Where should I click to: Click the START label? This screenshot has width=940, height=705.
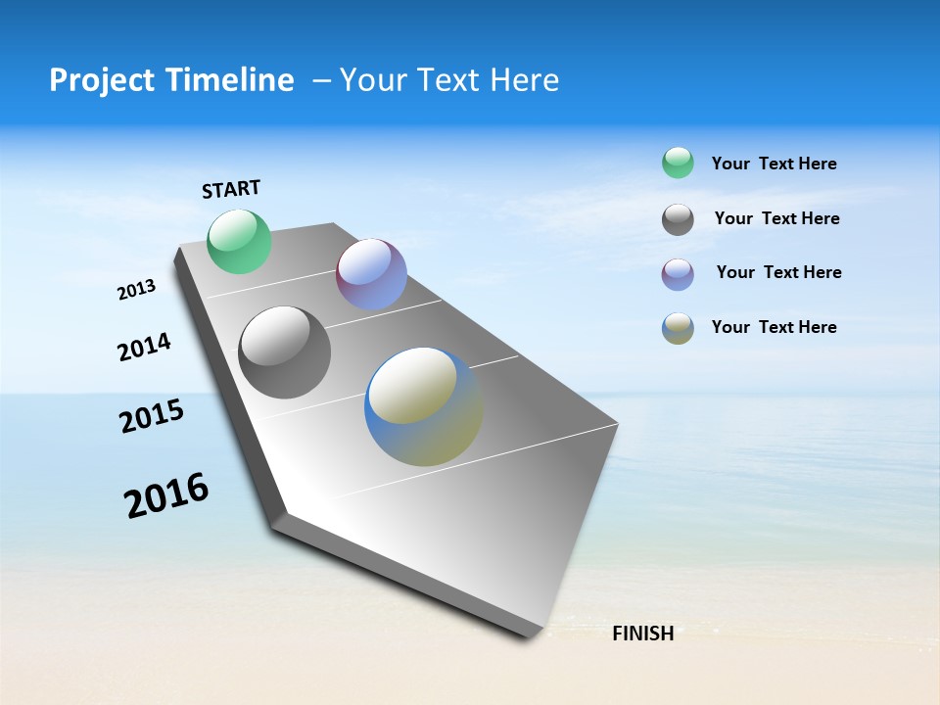231,189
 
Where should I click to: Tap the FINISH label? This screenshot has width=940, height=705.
642,634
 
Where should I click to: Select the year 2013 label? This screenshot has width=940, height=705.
136,290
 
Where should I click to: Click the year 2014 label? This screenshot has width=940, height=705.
144,347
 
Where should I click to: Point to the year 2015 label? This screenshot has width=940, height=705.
151,416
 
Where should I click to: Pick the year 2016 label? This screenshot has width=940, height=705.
166,494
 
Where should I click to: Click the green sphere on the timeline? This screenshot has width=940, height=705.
239,241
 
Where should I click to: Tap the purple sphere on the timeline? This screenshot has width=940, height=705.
371,274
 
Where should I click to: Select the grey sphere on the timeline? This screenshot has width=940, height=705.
285,352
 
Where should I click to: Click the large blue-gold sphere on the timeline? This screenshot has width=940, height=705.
423,406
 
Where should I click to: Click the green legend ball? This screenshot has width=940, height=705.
678,163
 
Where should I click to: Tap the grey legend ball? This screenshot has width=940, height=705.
678,219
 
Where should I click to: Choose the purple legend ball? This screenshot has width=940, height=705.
678,274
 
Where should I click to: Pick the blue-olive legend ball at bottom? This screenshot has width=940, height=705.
678,328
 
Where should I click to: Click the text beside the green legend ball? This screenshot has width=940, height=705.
774,164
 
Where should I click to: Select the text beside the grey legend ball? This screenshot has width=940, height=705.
776,218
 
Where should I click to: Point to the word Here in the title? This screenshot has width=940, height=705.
524,79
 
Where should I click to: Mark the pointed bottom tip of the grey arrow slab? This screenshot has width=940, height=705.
537,636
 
